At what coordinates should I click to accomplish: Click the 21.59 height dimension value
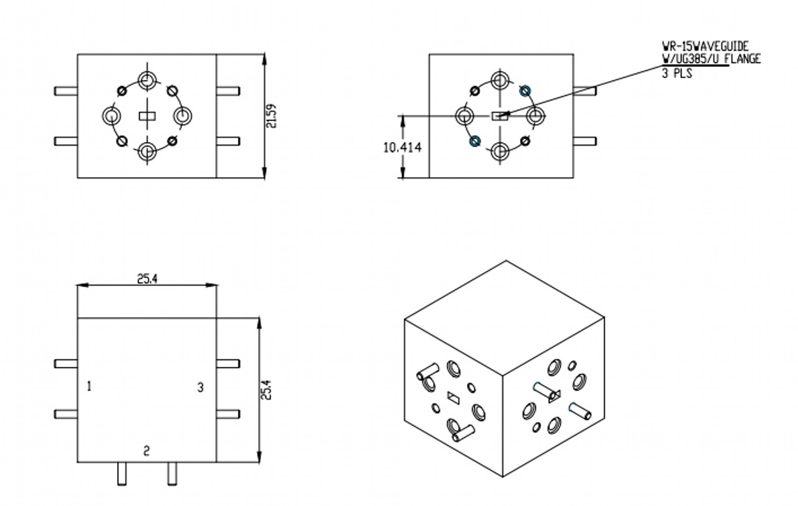pos(271,116)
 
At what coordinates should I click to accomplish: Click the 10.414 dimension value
pos(402,148)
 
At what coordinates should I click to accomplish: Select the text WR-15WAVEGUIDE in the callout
pos(705,46)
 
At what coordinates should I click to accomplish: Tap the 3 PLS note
pos(677,73)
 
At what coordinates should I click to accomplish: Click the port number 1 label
pos(89,386)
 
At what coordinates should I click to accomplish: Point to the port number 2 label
pos(147,452)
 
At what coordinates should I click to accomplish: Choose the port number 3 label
pos(201,387)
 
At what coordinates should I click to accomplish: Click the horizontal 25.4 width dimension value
pos(147,279)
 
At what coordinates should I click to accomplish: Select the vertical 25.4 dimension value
pos(266,390)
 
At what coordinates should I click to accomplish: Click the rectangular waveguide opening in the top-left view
pos(147,116)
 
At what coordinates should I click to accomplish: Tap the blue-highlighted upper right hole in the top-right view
pos(525,91)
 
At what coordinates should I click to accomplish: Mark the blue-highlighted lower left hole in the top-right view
pos(475,141)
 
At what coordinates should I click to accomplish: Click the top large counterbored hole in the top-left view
pos(147,80)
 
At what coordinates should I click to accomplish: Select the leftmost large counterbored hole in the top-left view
pos(112,116)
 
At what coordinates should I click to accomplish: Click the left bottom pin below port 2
pos(122,474)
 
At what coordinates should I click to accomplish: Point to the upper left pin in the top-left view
pos(66,91)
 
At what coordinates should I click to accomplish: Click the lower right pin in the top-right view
pos(585,141)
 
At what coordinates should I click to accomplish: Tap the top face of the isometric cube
pos(504,318)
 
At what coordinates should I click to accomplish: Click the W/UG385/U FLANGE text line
pos(711,59)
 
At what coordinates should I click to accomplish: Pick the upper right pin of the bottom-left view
pos(228,364)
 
